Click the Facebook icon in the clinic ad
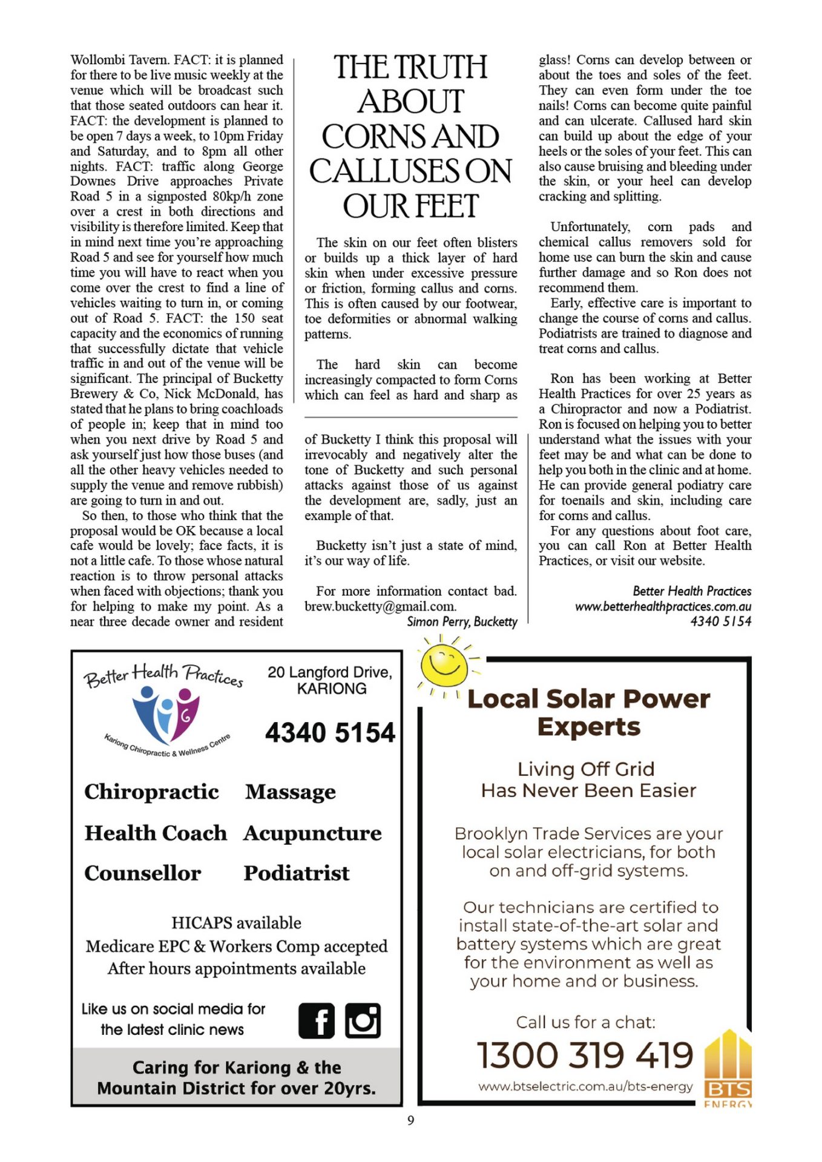coord(316,1020)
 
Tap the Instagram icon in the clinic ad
coord(363,1020)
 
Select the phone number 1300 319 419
coord(585,1055)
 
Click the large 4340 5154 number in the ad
coord(330,732)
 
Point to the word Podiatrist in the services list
coord(297,873)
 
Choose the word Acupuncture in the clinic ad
coord(312,833)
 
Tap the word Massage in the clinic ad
coord(291,792)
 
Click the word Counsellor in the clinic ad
coord(143,873)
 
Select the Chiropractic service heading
coord(151,792)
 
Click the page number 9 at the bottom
coord(411,1120)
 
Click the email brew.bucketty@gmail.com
coord(380,606)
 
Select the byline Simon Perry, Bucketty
coord(462,622)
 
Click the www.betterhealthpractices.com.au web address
coord(663,606)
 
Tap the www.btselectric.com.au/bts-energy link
coord(585,1086)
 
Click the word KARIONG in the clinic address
coord(332,689)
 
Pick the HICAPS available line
coord(236,923)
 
